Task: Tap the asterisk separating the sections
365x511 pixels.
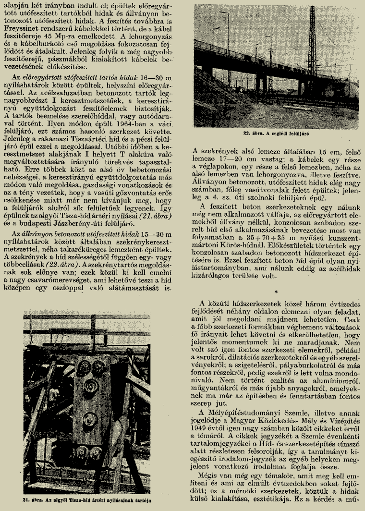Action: [276, 292]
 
